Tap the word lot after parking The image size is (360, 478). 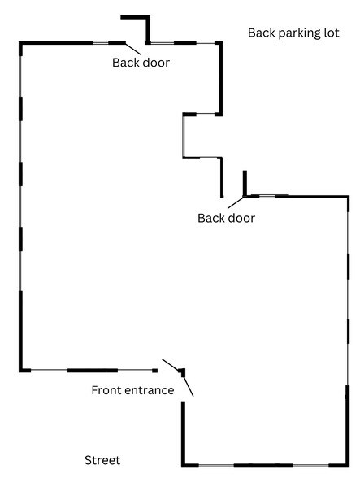tap(332, 33)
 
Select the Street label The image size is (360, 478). tap(102, 460)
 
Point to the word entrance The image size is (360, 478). tap(150, 390)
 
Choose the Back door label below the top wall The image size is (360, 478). tap(141, 63)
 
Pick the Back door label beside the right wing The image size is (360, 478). tap(226, 218)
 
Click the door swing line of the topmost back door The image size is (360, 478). tap(133, 49)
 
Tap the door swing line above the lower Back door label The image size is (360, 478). tap(236, 202)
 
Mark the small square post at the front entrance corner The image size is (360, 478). tap(182, 371)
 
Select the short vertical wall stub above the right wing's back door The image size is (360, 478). tap(245, 183)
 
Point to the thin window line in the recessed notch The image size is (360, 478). tap(184, 137)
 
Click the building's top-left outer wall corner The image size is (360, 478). tap(21, 43)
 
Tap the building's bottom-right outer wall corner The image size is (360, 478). tap(347, 465)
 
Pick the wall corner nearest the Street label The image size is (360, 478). tap(184, 465)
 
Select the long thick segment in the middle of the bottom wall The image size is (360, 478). tap(263, 465)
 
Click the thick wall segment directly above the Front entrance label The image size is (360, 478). tap(93, 371)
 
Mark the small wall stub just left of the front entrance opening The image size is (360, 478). tap(155, 371)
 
